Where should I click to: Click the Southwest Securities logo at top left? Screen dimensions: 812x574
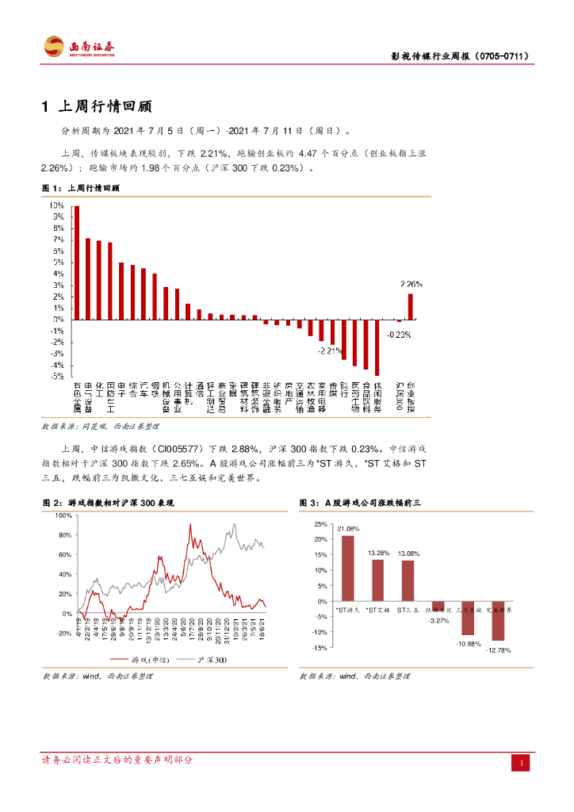79,46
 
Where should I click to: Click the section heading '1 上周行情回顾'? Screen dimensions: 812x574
97,107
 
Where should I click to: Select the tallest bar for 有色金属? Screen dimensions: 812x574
77,262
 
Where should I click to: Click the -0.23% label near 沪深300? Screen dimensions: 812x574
399,335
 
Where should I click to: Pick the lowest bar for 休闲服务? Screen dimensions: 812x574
377,347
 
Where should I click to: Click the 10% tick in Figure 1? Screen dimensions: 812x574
57,205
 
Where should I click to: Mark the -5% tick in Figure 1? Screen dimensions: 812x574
57,376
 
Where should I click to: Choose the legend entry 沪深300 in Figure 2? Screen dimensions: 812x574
209,660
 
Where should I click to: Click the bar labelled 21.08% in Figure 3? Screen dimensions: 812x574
347,568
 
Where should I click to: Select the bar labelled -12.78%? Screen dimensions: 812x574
498,620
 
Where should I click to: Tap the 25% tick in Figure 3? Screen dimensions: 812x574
320,524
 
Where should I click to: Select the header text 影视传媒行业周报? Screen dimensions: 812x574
431,56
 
